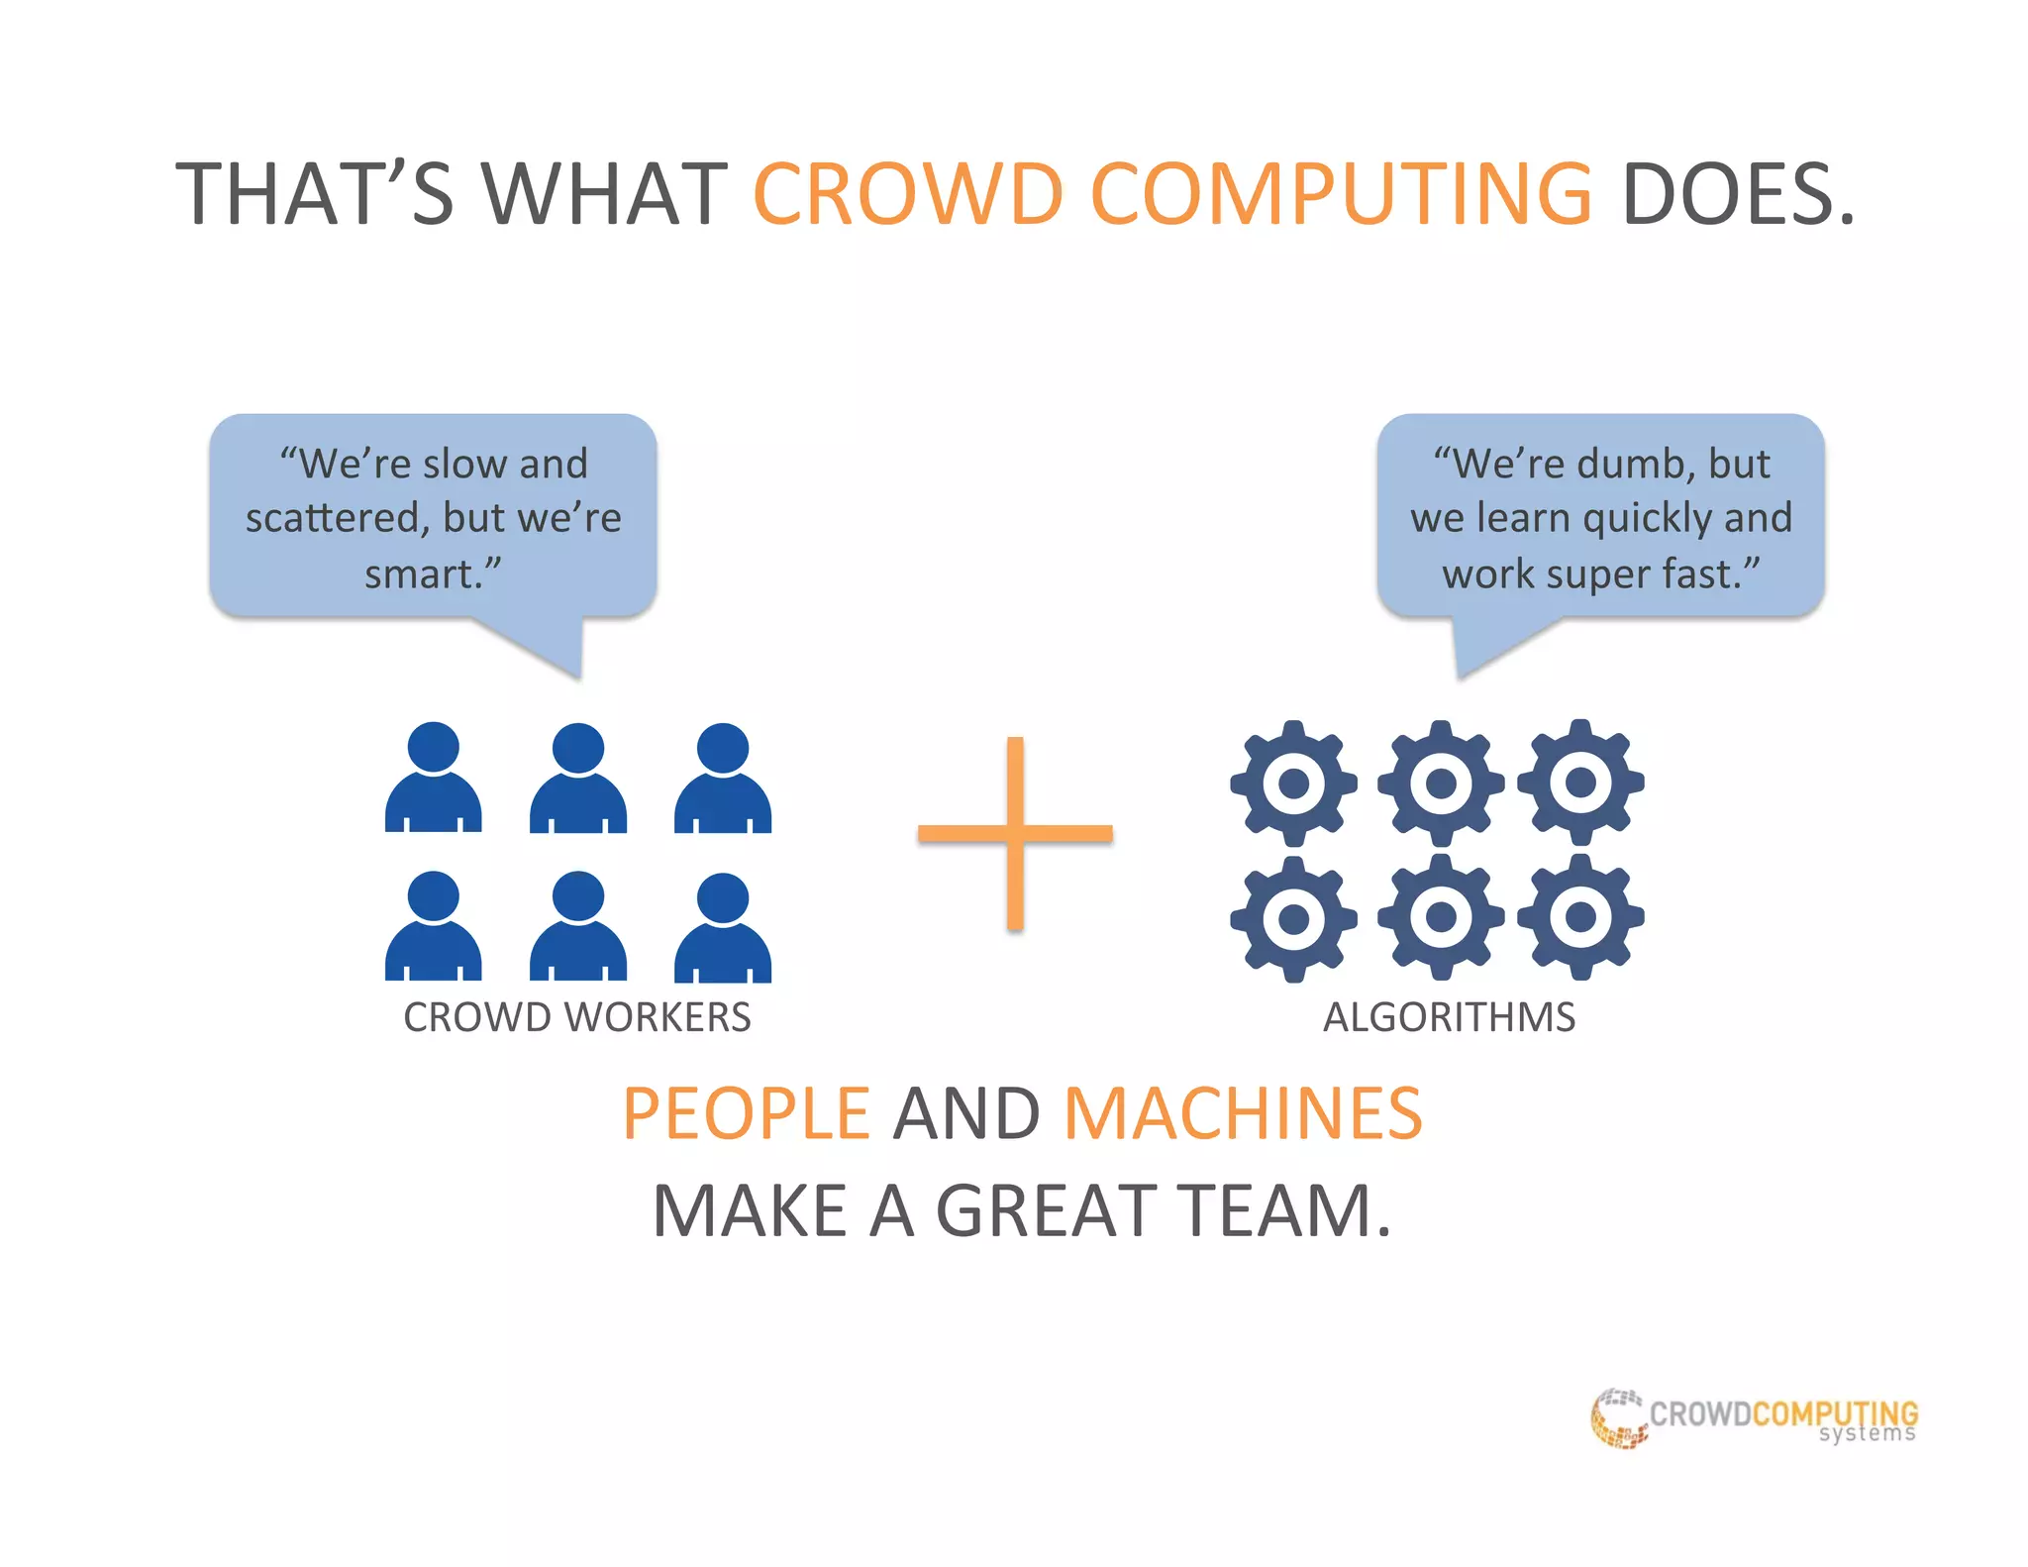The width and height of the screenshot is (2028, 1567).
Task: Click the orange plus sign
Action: pos(1015,833)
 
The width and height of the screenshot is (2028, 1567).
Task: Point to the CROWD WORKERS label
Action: pos(576,1017)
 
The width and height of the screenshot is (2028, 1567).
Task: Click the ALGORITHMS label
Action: pos(1449,1017)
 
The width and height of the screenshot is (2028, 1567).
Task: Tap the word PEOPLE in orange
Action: pos(747,1113)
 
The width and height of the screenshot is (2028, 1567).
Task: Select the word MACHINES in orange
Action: pos(1243,1113)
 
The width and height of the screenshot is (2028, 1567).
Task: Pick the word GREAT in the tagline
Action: pos(1048,1210)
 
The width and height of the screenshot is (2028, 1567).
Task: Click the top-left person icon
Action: pos(434,778)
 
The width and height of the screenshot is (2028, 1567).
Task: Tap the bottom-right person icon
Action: pos(723,927)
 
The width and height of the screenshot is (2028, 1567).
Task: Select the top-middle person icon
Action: pos(578,778)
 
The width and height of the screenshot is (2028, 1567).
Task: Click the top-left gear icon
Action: pos(1293,783)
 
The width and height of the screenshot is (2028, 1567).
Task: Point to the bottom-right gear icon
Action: pos(1580,917)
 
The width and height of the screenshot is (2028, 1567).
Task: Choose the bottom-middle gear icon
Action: pos(1441,917)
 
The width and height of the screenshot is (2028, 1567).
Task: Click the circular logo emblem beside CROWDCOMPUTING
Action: pos(1618,1418)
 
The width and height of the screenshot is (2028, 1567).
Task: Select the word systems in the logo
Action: pos(1867,1434)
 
